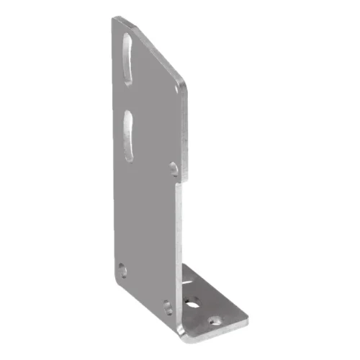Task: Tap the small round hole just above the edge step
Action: pyautogui.click(x=174, y=168)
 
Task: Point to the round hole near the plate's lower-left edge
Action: pyautogui.click(x=122, y=270)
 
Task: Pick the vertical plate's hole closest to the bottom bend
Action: pyautogui.click(x=167, y=306)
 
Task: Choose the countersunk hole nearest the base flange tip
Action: pyautogui.click(x=214, y=317)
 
